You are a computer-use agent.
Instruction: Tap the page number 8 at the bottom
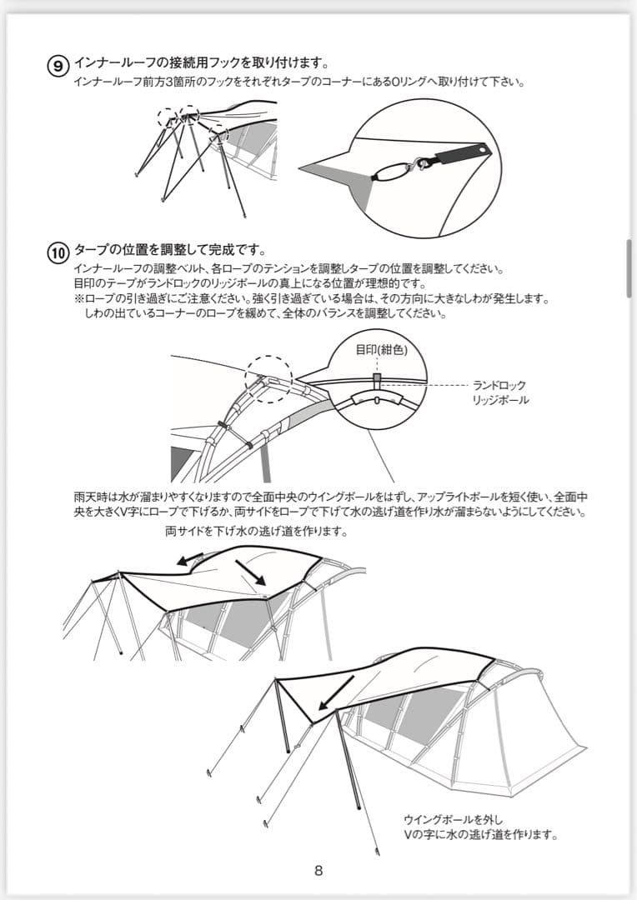point(318,871)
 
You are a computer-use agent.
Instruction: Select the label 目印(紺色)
point(381,350)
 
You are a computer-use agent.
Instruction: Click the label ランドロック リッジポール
point(499,392)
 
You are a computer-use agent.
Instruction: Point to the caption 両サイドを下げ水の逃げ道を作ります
point(256,531)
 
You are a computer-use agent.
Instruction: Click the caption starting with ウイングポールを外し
point(480,827)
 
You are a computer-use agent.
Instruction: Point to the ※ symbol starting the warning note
point(79,299)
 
